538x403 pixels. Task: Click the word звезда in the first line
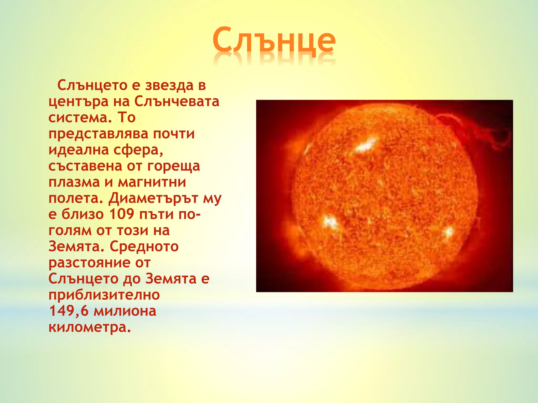tap(169, 86)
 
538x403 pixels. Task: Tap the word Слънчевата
tap(177, 102)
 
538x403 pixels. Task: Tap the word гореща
tap(173, 166)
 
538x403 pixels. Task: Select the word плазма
tap(74, 182)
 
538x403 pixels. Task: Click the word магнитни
tap(152, 182)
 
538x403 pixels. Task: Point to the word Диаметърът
tap(153, 198)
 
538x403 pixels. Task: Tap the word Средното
tap(144, 247)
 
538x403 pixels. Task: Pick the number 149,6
tap(69, 311)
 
